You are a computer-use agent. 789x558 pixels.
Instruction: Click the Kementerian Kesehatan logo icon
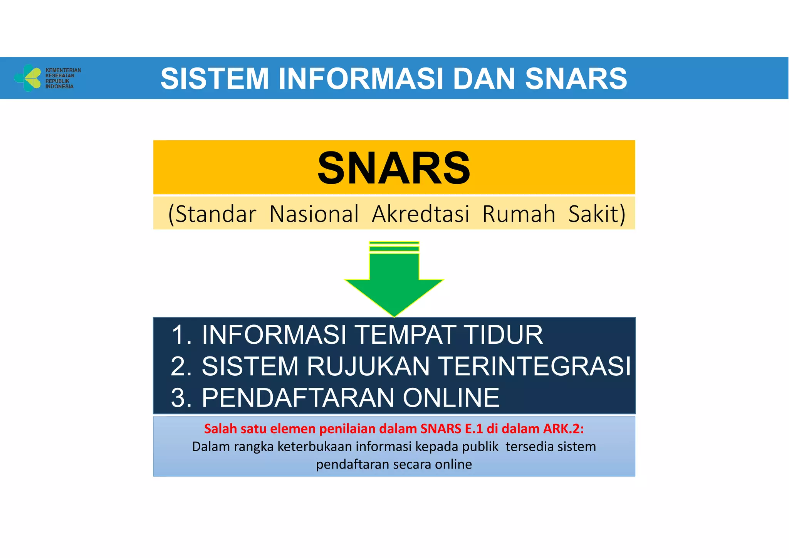(x=28, y=78)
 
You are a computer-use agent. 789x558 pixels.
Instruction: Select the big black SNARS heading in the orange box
(x=394, y=168)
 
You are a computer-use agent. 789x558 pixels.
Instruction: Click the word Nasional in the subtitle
(x=314, y=214)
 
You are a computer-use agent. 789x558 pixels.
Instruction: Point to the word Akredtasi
(x=420, y=214)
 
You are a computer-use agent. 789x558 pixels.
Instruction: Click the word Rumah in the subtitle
(x=519, y=214)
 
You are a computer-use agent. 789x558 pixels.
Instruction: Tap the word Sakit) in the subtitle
(x=597, y=214)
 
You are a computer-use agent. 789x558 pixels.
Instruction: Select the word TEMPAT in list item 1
(x=405, y=334)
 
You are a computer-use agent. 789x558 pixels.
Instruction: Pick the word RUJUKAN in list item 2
(x=368, y=366)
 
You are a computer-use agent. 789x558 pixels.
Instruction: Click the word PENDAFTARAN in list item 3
(x=298, y=398)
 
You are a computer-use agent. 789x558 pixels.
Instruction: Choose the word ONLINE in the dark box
(x=451, y=398)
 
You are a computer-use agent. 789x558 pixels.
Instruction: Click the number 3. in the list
(x=181, y=398)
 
